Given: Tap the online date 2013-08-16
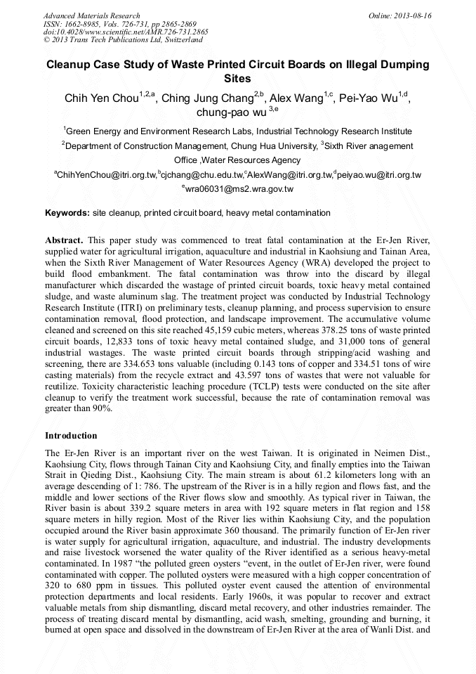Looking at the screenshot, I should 414,15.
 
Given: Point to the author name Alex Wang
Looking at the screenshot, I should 296,98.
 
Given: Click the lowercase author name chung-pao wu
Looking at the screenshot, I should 227,112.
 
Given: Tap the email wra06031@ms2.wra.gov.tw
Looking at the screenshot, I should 239,188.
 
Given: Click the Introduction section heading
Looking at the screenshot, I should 71,436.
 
